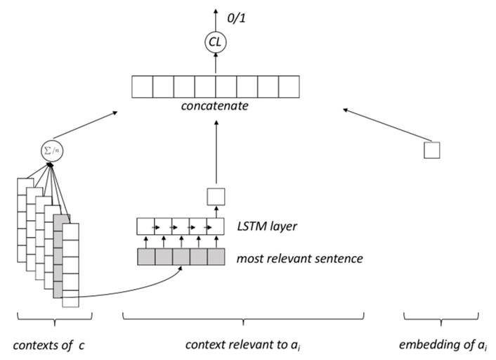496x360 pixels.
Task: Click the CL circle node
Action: click(215, 41)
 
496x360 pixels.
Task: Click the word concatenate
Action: click(215, 106)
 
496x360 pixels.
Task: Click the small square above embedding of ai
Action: click(431, 150)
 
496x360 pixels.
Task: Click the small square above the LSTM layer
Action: click(215, 196)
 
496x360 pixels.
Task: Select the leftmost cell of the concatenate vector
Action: click(142, 86)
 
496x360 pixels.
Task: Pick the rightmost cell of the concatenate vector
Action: click(289, 86)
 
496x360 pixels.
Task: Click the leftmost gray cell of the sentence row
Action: click(145, 257)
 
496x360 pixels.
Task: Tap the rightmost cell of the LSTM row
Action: click(216, 227)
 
